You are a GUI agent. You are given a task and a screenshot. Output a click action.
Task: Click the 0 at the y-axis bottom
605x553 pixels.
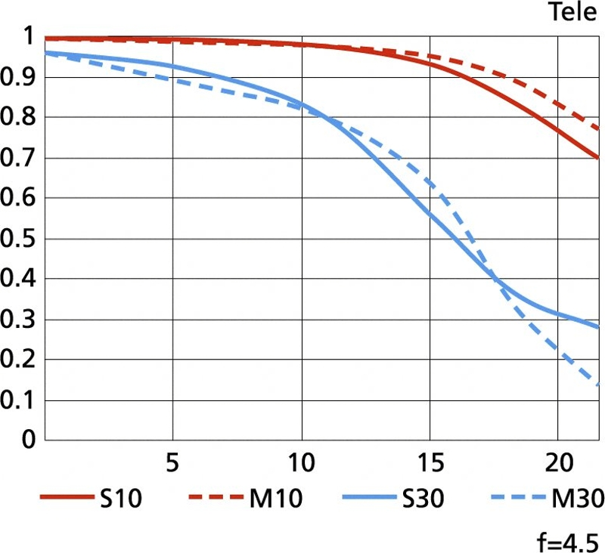(28, 440)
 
